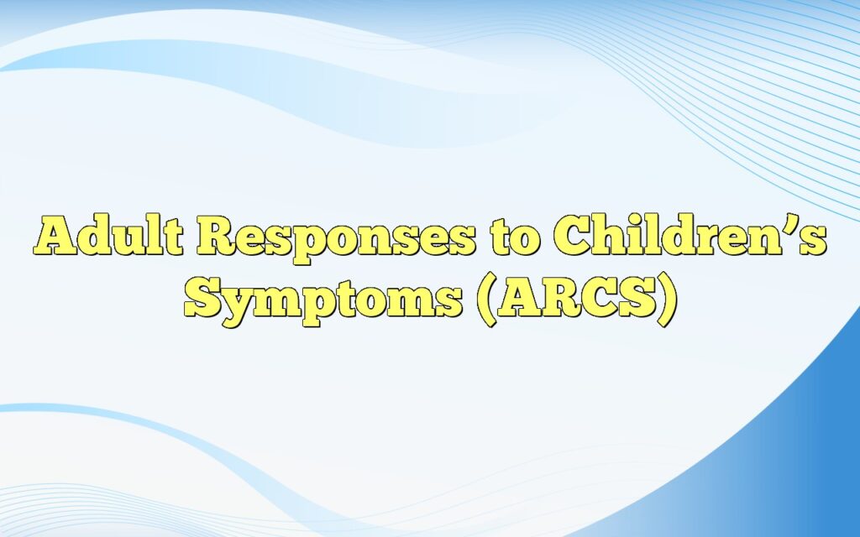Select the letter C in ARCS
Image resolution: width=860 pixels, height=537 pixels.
[x=595, y=298]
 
